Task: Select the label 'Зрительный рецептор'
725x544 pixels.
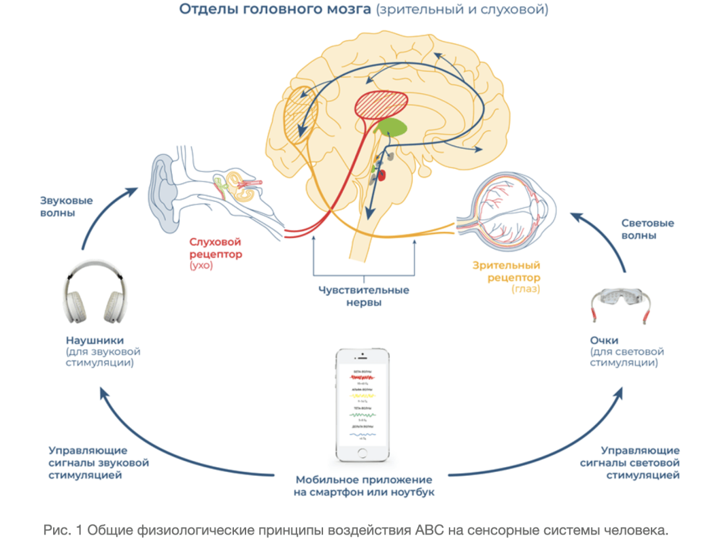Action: click(506, 271)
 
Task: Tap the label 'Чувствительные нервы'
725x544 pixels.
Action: click(364, 296)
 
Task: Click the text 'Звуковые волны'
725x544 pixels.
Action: click(66, 207)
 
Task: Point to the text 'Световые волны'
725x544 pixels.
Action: click(647, 229)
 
